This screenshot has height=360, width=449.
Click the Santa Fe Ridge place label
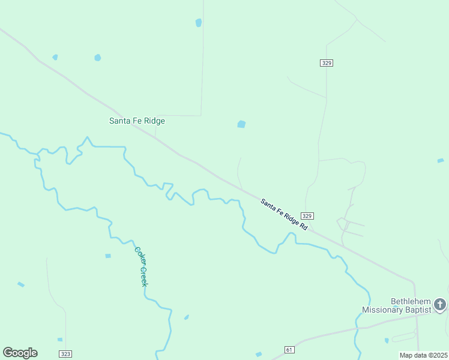coord(137,121)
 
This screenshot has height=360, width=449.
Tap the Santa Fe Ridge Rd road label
coord(284,215)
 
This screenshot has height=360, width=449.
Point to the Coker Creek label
coord(140,266)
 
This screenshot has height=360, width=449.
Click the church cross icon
coord(440,305)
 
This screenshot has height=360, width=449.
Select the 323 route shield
coord(65,354)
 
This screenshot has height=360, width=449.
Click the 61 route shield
coord(289,350)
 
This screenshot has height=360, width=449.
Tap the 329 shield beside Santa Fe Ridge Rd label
coord(307,216)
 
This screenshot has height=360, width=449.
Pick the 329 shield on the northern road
coord(326,63)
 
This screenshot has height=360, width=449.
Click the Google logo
coord(20,352)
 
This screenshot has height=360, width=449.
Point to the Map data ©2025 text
coord(423,355)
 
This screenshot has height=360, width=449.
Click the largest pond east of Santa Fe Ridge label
coord(241,124)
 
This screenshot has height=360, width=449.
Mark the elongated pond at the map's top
coord(199,23)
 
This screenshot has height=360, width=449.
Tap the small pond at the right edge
coord(441,161)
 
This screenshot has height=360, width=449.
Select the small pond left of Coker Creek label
coord(108,256)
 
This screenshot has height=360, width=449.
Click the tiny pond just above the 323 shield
coord(60,340)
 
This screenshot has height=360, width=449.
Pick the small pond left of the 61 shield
coord(259,355)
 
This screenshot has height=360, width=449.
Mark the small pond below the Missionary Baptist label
coord(387,341)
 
